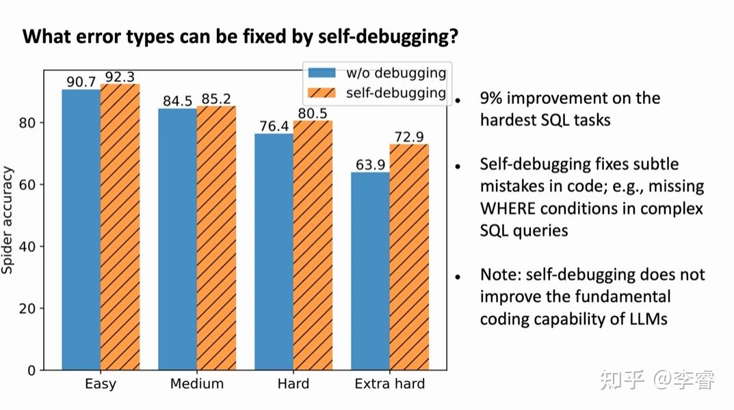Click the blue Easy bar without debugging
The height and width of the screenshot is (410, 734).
[81, 230]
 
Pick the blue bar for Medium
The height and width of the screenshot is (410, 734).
[177, 239]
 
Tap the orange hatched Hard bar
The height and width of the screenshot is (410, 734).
[313, 245]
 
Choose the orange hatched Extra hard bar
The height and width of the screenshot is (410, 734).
[409, 257]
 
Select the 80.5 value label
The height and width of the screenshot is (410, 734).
[313, 113]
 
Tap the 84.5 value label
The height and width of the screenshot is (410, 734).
[177, 101]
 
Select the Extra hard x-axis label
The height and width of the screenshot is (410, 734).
[389, 383]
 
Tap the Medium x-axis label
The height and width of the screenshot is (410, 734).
[197, 383]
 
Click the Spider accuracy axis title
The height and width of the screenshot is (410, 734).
[8, 219]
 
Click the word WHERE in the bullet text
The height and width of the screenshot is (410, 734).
[508, 208]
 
